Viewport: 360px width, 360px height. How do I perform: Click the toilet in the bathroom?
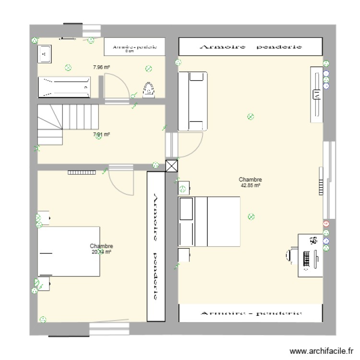(149, 89)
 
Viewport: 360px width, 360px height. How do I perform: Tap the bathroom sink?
(45, 54)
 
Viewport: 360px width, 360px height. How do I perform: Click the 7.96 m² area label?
(101, 68)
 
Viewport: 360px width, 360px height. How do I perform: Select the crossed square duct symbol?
(171, 166)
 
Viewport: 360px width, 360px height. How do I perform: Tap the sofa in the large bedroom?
(192, 101)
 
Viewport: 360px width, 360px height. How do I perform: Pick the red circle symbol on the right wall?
(326, 224)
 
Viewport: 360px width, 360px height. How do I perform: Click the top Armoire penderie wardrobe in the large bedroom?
(250, 47)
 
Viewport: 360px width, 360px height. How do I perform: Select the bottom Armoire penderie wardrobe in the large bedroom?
(250, 313)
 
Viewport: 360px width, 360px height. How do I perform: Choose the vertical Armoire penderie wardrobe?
(156, 246)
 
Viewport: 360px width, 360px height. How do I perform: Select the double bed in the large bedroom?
(209, 222)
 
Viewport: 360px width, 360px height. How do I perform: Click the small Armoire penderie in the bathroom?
(134, 47)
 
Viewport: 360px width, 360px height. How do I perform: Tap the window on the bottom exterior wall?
(109, 328)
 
